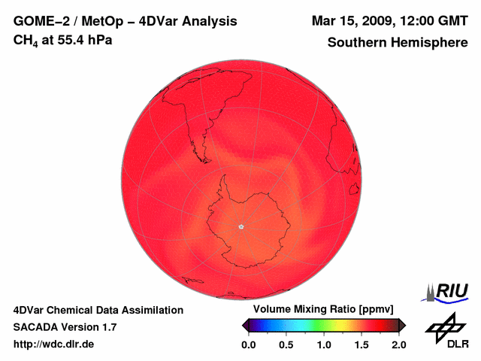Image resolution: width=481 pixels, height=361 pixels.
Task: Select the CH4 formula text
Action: pyautogui.click(x=27, y=40)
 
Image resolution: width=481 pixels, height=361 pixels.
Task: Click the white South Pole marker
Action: pyautogui.click(x=240, y=226)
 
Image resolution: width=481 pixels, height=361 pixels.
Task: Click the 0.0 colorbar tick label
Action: pyautogui.click(x=249, y=344)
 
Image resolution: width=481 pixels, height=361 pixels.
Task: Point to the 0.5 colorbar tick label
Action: pyautogui.click(x=286, y=344)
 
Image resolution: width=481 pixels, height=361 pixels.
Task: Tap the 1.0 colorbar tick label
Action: pyautogui.click(x=324, y=344)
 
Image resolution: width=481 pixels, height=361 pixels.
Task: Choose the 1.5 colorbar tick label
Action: pyautogui.click(x=362, y=344)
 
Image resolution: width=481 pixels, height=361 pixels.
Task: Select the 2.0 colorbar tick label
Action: pyautogui.click(x=399, y=344)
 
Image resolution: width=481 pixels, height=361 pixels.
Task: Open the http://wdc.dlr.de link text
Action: pyautogui.click(x=53, y=344)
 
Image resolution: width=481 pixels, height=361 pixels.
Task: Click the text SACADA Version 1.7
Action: pyautogui.click(x=65, y=327)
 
